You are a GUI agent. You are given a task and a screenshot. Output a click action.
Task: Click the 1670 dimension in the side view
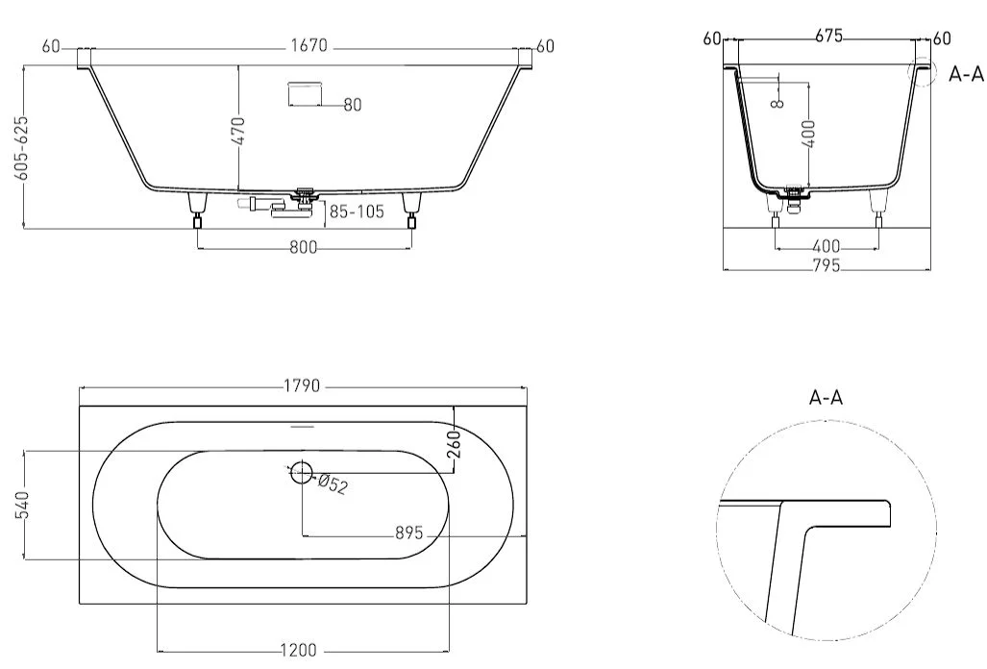(309, 46)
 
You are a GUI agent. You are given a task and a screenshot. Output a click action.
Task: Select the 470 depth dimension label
(240, 131)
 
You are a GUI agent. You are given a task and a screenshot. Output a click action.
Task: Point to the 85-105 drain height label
(357, 211)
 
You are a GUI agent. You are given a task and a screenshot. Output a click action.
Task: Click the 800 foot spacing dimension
(304, 247)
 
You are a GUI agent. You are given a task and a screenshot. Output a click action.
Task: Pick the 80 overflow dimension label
(353, 105)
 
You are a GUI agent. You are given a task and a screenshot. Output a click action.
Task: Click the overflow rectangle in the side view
(305, 94)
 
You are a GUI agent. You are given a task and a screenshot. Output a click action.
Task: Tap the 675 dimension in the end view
(828, 37)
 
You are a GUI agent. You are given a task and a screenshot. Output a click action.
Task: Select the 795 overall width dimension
(827, 265)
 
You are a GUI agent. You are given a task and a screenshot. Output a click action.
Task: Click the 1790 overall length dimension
(302, 385)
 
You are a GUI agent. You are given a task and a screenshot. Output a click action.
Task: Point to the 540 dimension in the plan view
(22, 506)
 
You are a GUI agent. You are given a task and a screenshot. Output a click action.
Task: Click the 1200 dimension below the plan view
(300, 650)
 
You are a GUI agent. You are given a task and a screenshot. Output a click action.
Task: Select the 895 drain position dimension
(409, 533)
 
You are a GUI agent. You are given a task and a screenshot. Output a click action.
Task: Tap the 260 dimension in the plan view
(456, 444)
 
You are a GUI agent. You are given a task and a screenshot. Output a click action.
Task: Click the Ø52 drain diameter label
(333, 484)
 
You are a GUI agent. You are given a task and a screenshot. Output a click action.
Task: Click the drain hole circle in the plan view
(302, 472)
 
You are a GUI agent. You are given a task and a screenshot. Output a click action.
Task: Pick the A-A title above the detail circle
(826, 398)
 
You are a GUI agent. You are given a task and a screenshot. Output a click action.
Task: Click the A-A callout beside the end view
(966, 74)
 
